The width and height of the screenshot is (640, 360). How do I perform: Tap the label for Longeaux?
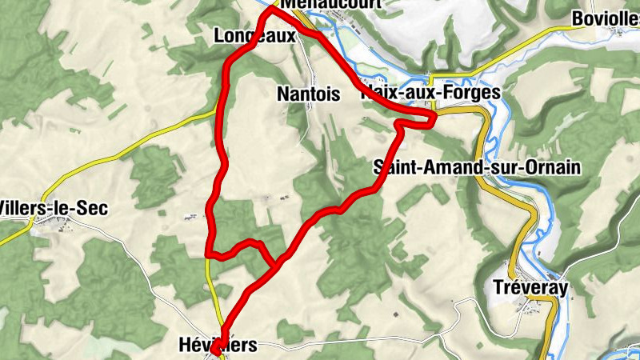(x=249, y=34)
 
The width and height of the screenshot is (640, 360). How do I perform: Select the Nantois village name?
(x=308, y=94)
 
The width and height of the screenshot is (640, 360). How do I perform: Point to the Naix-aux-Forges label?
(x=432, y=93)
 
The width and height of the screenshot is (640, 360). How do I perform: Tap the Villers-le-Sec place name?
(x=53, y=209)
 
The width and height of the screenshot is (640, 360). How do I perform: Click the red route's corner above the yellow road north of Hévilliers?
(x=210, y=254)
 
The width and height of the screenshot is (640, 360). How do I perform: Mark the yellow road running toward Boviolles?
(x=520, y=40)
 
